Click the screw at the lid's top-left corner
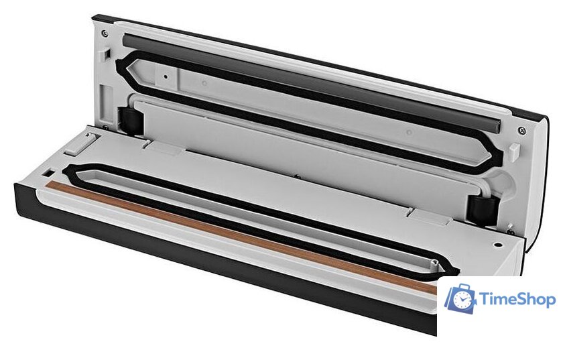105,34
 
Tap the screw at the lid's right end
522,130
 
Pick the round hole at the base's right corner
497,245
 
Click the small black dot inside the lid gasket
166,76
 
